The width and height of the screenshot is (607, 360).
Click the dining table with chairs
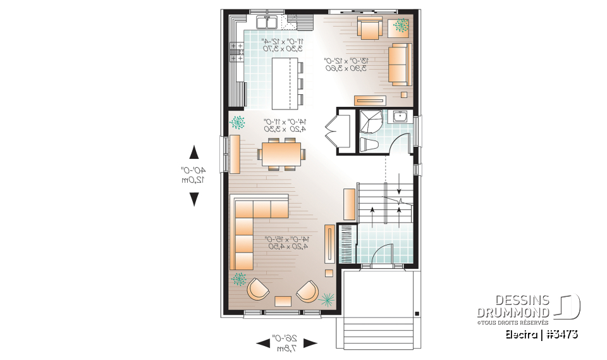(282, 153)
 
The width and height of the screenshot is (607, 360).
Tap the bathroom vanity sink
(399, 117)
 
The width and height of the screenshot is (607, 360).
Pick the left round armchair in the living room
(259, 290)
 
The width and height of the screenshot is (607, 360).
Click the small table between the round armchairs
(283, 301)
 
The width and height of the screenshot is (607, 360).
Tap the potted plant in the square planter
(401, 26)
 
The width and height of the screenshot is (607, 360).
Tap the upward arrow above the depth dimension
(194, 152)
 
